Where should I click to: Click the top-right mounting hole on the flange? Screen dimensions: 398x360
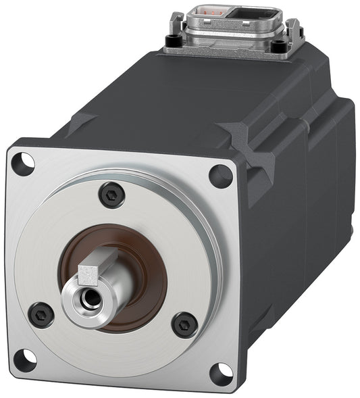[220, 176]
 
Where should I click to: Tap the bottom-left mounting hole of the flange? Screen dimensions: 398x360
[25, 359]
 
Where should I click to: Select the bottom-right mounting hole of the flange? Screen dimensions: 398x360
[220, 372]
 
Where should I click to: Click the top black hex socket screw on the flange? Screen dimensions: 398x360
[111, 195]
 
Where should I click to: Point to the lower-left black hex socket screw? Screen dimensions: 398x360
[41, 314]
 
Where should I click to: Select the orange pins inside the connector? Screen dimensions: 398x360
[211, 12]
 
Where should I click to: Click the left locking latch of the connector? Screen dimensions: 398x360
[178, 23]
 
